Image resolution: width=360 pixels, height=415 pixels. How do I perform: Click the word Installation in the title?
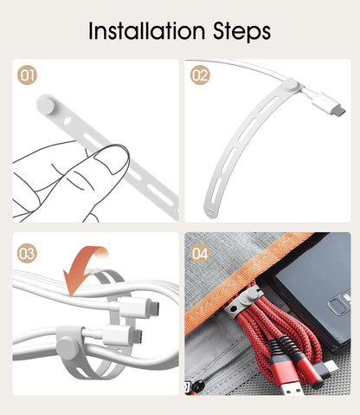click(146, 30)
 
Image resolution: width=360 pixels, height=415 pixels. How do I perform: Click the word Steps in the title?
click(241, 32)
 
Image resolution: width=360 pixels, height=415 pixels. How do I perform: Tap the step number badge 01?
click(27, 75)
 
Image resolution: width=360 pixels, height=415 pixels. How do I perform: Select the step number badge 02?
click(200, 75)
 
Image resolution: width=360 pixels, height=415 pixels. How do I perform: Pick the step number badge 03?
click(27, 253)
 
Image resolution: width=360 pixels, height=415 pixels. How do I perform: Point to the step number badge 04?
click(200, 253)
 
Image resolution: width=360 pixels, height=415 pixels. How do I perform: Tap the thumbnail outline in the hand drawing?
click(111, 158)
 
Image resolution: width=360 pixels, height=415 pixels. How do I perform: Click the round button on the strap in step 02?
click(291, 85)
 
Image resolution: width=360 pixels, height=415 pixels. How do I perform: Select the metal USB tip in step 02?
click(338, 111)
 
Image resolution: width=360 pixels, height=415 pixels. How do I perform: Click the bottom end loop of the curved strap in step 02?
click(211, 212)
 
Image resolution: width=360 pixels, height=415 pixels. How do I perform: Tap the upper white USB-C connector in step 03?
click(138, 307)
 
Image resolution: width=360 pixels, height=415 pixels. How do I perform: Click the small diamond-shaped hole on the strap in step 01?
click(67, 120)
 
